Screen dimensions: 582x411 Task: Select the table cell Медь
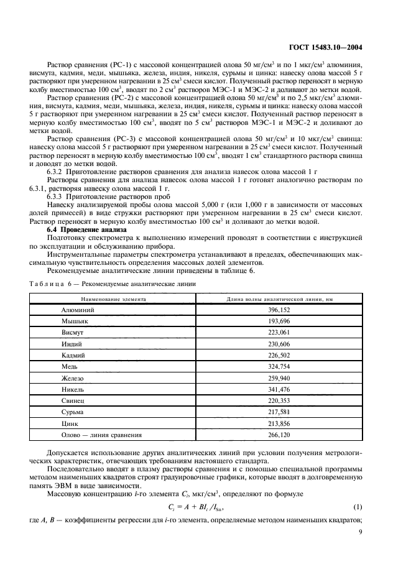[70, 366]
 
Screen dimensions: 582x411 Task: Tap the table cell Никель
[74, 388]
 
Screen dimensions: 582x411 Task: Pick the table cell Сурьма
[74, 411]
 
